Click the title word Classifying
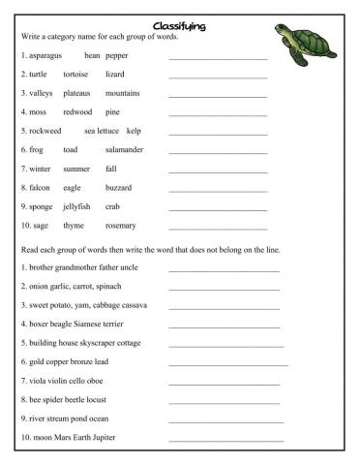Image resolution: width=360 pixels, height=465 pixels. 180,24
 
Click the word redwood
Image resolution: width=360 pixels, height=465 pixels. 77,112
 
